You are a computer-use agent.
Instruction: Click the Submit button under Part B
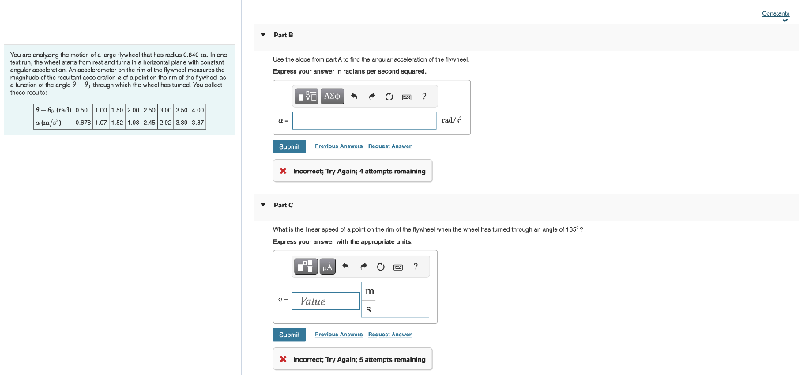[x=289, y=146]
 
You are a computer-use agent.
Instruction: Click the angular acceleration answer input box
[x=364, y=120]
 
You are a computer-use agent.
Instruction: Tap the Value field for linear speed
[x=324, y=301]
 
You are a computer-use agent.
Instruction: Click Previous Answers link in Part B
[x=338, y=146]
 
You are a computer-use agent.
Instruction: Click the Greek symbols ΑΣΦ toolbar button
[x=332, y=97]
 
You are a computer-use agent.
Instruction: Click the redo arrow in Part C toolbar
[x=372, y=267]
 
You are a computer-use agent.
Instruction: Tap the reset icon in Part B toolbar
[x=389, y=97]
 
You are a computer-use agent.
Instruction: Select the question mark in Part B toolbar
[x=424, y=97]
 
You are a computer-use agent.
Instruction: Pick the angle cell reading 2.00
[x=134, y=110]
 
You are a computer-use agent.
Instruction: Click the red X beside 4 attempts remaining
[x=283, y=171]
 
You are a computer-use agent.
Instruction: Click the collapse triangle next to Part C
[x=263, y=205]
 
